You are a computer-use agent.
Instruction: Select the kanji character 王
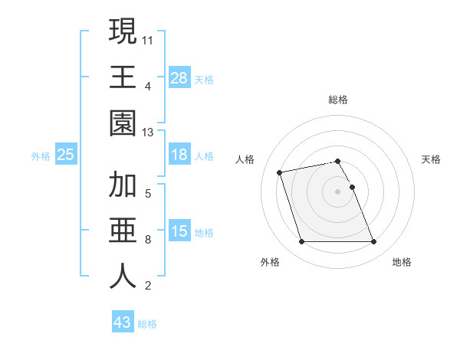point(123,77)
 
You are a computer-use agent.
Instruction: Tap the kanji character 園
point(123,123)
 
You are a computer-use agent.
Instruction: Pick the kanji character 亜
point(123,231)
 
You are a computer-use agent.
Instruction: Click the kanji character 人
point(123,277)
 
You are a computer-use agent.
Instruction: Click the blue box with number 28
point(179,77)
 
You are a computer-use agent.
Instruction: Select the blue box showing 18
point(179,155)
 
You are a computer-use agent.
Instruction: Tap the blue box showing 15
point(179,231)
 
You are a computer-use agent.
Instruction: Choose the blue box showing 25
point(65,155)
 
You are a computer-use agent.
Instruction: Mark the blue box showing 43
point(123,322)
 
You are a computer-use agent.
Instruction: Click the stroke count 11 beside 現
point(148,39)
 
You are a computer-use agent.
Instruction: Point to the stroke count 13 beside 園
point(148,133)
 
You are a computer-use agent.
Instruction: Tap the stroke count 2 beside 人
point(147,286)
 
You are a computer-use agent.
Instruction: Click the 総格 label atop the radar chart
point(338,100)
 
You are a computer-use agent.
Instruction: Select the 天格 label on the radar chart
point(432,159)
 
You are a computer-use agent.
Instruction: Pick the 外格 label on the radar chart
point(270,262)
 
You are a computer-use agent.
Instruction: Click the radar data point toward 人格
point(280,172)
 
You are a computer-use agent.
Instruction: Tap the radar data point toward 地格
point(373,242)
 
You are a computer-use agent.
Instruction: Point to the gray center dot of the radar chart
point(337,191)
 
